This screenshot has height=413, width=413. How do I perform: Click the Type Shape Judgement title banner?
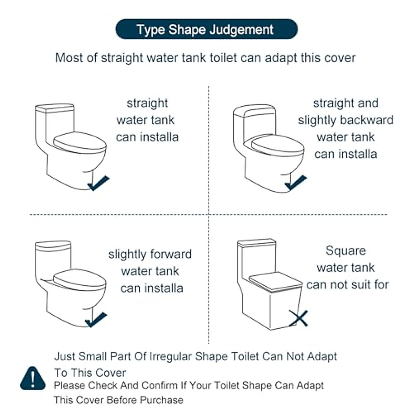[x=206, y=30]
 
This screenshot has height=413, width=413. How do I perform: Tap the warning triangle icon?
[x=33, y=379]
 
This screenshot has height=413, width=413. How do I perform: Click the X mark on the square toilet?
[x=298, y=318]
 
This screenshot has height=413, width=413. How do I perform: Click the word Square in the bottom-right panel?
[x=346, y=251]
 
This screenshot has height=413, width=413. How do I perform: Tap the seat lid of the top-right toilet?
[x=278, y=147]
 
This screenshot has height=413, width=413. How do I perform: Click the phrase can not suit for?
[x=347, y=285]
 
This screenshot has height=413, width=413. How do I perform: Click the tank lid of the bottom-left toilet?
[x=53, y=246]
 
